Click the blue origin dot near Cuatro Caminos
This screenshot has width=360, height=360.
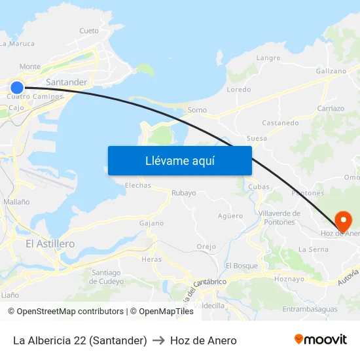point(17,87)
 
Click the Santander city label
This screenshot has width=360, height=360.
point(66,82)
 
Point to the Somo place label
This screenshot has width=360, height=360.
point(197,110)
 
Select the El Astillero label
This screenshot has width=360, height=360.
point(50,243)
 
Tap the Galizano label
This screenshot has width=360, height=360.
point(331,71)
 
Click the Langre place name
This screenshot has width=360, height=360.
point(268,58)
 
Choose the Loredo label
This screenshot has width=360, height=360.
point(238,90)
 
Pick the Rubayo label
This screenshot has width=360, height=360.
point(183,193)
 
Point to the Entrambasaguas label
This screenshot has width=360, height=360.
point(310,309)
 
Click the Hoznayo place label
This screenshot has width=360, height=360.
point(289,279)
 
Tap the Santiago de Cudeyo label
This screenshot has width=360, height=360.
point(106,277)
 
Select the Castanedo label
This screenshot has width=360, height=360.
point(280,122)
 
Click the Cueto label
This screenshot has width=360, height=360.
point(88,31)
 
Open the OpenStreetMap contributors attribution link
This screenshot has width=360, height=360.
point(70,312)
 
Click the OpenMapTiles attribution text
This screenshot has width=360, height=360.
point(166,312)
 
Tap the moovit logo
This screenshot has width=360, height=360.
point(321,340)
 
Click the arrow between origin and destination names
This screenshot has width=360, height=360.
point(158,340)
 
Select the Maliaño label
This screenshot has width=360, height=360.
point(16,202)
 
